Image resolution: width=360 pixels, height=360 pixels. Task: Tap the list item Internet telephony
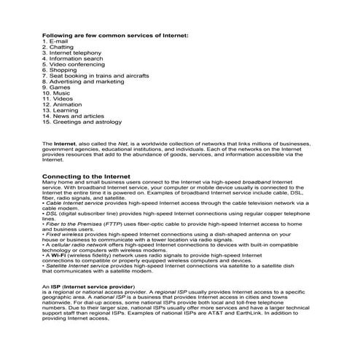click(77, 53)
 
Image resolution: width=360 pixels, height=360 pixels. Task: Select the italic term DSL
click(50, 214)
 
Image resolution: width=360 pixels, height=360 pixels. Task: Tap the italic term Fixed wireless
click(65, 235)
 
